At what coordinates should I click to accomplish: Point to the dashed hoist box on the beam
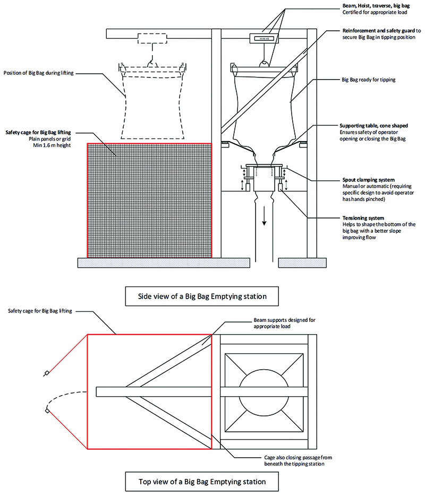(x=152, y=38)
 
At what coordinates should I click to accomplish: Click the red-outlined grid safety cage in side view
(x=149, y=200)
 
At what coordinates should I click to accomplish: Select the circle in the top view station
(x=263, y=391)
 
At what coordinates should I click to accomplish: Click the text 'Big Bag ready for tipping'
(x=369, y=80)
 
